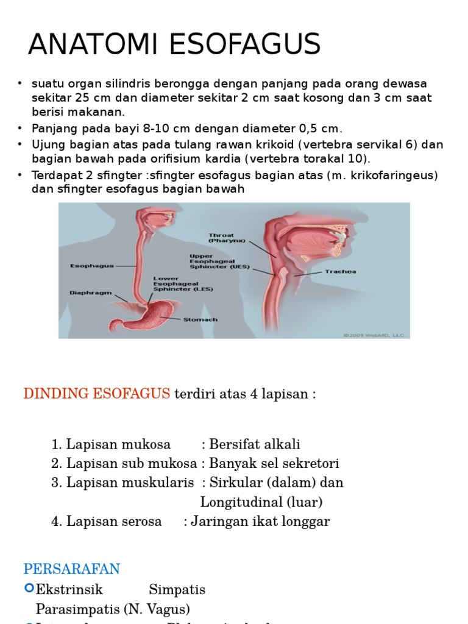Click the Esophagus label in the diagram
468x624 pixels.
pyautogui.click(x=92, y=266)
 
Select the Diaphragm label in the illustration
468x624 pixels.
pyautogui.click(x=91, y=292)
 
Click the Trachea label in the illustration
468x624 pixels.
pyautogui.click(x=340, y=272)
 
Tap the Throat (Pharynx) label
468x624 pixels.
pyautogui.click(x=227, y=238)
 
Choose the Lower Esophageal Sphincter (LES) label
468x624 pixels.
pyautogui.click(x=182, y=283)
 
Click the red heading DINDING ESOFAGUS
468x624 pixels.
pyautogui.click(x=96, y=394)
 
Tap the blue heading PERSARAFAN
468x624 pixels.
pyautogui.click(x=71, y=569)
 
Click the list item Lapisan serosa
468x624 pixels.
pyautogui.click(x=113, y=521)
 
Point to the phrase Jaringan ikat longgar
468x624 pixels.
pyautogui.click(x=260, y=521)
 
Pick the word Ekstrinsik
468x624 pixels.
pyautogui.click(x=69, y=590)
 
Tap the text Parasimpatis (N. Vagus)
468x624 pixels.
pyautogui.click(x=113, y=609)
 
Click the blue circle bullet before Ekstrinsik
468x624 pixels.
pyautogui.click(x=29, y=588)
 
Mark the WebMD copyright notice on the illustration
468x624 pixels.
pyautogui.click(x=375, y=335)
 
